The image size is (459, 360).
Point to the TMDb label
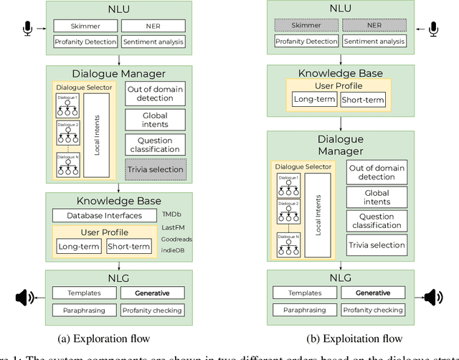click(x=171, y=214)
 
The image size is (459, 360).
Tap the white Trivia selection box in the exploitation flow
click(x=377, y=245)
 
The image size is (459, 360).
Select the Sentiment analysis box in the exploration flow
click(x=153, y=42)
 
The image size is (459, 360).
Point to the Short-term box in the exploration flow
click(x=129, y=247)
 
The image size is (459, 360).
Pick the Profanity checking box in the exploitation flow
click(x=372, y=311)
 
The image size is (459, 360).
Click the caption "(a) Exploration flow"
click(x=104, y=338)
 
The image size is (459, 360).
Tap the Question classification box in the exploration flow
click(x=156, y=143)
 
